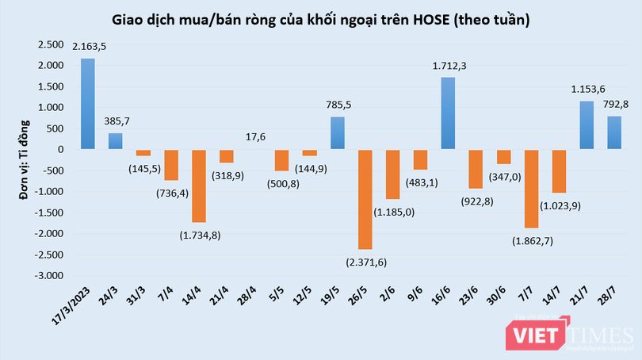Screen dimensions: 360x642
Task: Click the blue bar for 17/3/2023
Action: click(88, 104)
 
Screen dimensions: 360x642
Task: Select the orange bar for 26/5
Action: click(365, 199)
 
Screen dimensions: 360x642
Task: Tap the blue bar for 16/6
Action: click(448, 113)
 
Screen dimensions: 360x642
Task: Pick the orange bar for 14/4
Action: click(198, 186)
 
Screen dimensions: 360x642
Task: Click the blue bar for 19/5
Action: click(337, 133)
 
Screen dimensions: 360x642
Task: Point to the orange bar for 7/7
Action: click(531, 189)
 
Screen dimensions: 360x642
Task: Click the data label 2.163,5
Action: click(89, 48)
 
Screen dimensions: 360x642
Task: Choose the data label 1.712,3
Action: click(448, 67)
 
